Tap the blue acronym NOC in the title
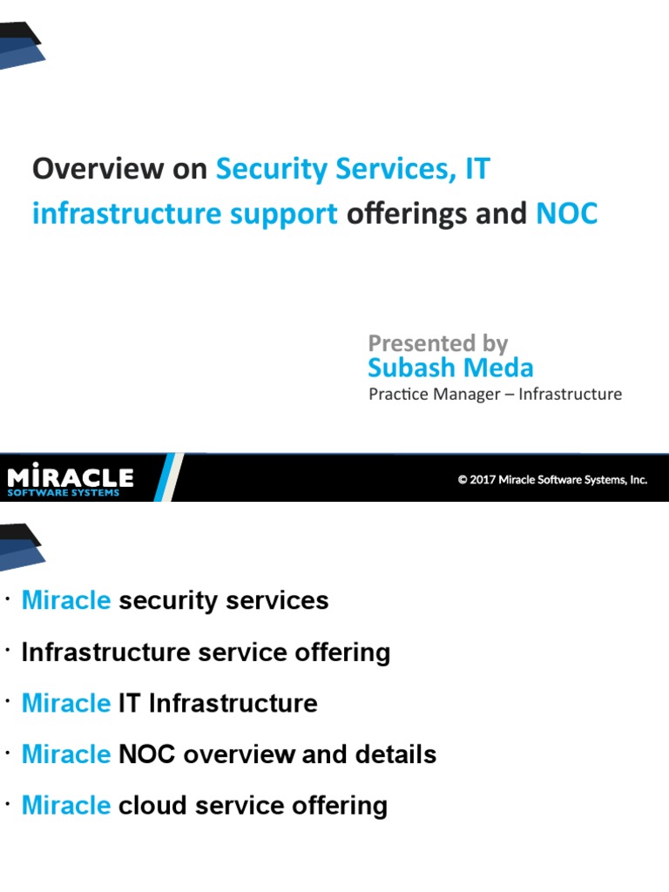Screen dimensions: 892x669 click(x=567, y=213)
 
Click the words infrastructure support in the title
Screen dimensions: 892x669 click(x=185, y=214)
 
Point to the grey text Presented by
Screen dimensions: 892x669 click(x=437, y=343)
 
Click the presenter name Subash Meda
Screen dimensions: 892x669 click(x=450, y=368)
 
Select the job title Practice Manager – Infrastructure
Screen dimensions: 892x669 click(x=495, y=394)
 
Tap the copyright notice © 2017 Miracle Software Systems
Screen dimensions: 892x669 click(x=552, y=479)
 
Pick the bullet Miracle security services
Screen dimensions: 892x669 click(x=175, y=601)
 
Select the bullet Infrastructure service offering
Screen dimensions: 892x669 click(x=206, y=652)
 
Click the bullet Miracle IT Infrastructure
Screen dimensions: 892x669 click(x=169, y=703)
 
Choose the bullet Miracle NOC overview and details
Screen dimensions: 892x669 click(x=229, y=754)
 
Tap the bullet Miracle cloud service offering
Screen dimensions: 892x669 click(x=204, y=805)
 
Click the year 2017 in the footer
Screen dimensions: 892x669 click(x=484, y=479)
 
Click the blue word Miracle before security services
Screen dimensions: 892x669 click(x=66, y=601)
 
